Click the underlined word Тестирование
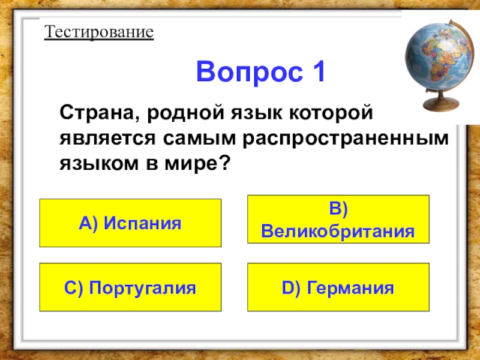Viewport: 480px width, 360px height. pyautogui.click(x=99, y=31)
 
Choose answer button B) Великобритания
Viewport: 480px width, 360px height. pyautogui.click(x=338, y=219)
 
